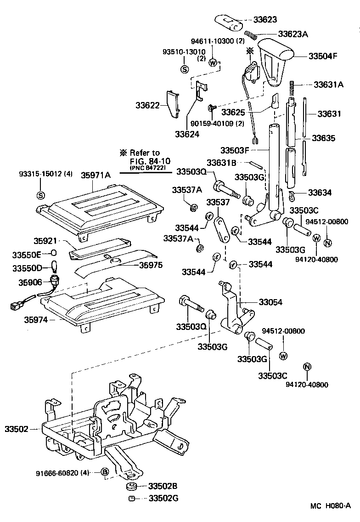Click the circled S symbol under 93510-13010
[x=185, y=69]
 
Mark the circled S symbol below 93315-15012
[x=40, y=194]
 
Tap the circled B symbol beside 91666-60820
[x=104, y=472]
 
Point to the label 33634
[x=320, y=193]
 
